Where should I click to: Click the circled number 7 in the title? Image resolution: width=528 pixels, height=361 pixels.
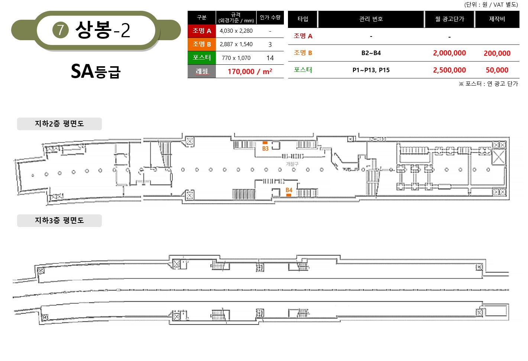click(x=60, y=30)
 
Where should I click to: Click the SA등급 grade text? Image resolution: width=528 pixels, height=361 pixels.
click(x=96, y=71)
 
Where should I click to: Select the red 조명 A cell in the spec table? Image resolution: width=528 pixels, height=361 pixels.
click(x=202, y=31)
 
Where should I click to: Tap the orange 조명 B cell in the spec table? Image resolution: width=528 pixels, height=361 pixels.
click(x=202, y=44)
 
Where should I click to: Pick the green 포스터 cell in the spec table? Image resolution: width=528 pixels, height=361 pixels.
click(x=202, y=58)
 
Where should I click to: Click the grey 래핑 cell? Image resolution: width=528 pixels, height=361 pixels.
click(x=202, y=71)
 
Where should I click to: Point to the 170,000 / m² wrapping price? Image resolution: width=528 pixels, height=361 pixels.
click(x=250, y=71)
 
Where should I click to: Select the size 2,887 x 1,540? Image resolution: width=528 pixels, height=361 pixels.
click(x=236, y=44)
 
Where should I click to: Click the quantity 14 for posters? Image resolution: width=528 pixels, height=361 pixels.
click(x=270, y=58)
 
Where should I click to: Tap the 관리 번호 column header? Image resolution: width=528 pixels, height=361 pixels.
click(x=371, y=19)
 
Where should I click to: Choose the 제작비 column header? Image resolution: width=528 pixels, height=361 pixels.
click(x=497, y=19)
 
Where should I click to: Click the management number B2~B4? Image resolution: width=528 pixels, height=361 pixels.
click(x=371, y=53)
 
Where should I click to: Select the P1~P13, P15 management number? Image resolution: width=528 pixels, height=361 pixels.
click(x=371, y=70)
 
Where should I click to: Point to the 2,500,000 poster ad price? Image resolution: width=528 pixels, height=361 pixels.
click(x=449, y=70)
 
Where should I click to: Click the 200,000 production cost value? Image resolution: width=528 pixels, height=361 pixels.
click(x=497, y=53)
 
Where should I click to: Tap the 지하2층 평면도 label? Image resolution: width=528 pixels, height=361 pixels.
click(x=59, y=124)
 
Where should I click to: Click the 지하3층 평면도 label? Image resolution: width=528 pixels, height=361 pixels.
click(x=59, y=221)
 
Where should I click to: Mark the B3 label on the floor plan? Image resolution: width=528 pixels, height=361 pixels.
click(x=265, y=148)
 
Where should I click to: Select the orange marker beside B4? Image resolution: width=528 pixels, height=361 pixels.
click(x=289, y=195)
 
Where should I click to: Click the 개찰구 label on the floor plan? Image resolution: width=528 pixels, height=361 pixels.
click(x=292, y=164)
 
